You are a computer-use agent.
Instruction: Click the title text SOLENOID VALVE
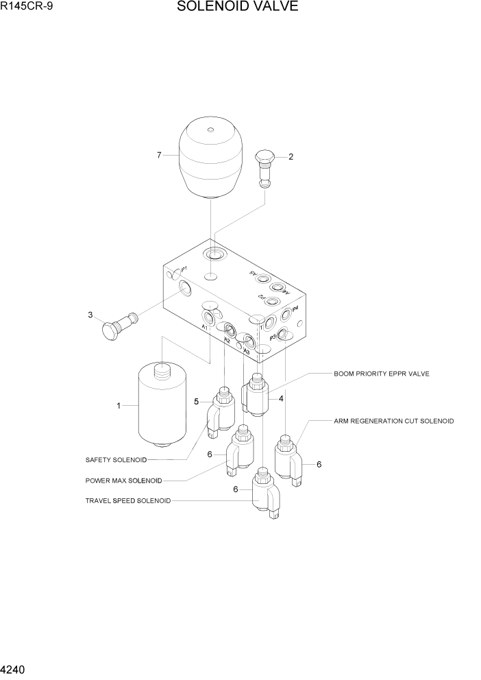point(237,8)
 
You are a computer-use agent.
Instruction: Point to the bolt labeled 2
point(265,169)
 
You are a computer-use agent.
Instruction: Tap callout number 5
point(196,402)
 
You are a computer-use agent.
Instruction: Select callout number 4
point(281,398)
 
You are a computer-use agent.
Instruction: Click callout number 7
point(159,156)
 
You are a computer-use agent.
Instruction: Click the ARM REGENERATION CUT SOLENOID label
point(393,420)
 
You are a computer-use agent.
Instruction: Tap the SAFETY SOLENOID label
point(116,459)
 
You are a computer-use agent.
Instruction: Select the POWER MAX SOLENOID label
point(124,480)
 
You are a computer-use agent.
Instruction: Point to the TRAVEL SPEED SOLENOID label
point(128,500)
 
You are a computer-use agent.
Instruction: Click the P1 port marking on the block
point(184,269)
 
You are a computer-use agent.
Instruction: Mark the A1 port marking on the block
point(204,327)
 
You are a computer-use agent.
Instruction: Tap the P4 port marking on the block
point(295,309)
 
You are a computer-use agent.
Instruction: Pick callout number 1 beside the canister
point(118,406)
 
